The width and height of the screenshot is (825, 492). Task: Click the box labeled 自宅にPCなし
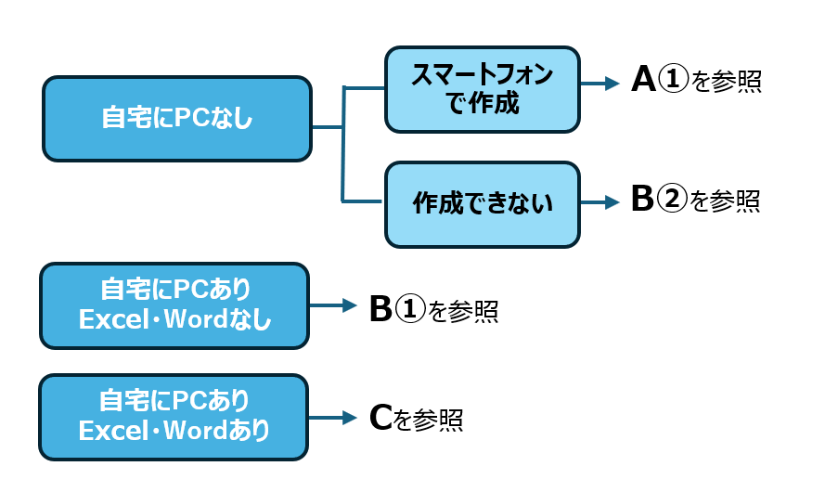177,119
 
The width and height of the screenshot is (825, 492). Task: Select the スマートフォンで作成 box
483,89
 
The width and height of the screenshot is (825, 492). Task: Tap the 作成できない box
483,204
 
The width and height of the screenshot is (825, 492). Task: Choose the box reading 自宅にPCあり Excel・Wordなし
174,305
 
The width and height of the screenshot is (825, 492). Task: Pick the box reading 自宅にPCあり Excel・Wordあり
174,418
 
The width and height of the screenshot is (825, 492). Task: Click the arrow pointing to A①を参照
599,84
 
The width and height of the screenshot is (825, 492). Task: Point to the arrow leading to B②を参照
599,202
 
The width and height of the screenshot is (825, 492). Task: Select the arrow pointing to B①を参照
333,305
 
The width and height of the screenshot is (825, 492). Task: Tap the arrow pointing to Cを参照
332,418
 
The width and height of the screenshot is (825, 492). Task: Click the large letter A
643,80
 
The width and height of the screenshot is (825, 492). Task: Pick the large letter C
380,418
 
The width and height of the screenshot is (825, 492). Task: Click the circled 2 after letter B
673,200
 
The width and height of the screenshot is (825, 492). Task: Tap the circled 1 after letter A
674,80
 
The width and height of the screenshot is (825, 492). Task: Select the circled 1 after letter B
410,309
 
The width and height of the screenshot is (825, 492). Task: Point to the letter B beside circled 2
642,199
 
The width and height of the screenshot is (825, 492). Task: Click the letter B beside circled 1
380,309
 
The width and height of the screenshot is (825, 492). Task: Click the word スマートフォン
482,74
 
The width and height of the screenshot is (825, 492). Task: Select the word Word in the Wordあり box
195,431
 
